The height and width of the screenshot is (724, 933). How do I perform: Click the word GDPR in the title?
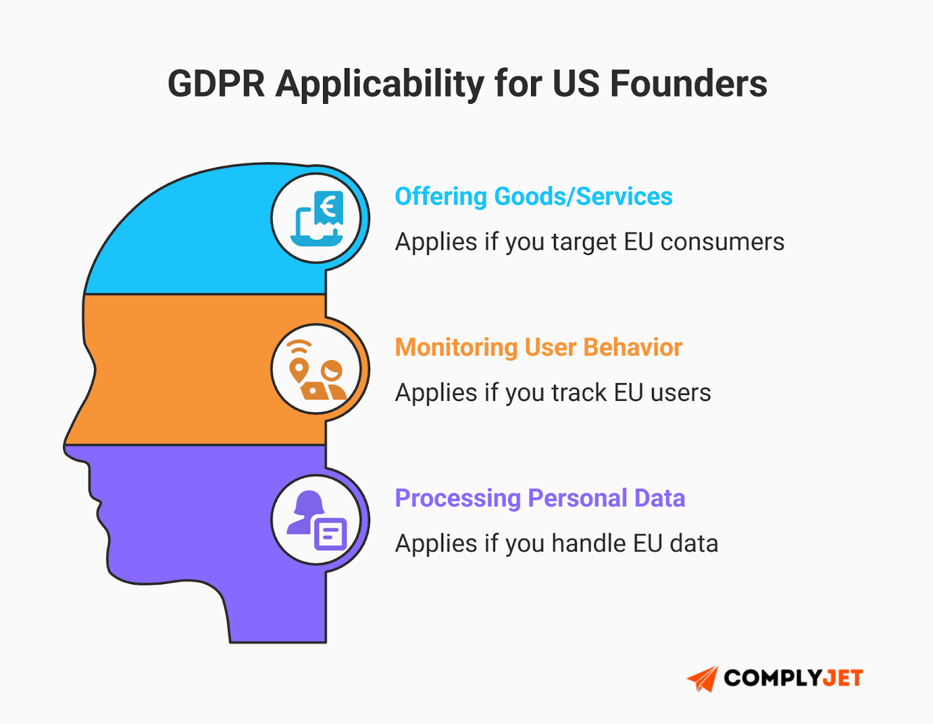216,83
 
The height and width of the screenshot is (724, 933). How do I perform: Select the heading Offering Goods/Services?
534,197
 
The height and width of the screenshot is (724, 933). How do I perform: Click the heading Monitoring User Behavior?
538,347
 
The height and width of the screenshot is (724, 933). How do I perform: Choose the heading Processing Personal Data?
539,498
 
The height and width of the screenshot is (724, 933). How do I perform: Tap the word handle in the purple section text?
588,544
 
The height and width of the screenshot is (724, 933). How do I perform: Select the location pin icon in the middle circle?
299,370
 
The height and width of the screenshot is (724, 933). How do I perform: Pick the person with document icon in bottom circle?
317,520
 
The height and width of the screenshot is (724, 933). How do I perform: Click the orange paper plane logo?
703,678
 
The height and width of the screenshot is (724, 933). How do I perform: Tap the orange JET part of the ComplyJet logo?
843,678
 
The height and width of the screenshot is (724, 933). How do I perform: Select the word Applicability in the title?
380,83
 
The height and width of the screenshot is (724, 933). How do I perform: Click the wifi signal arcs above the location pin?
299,347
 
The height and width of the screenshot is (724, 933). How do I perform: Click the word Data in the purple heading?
660,498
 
